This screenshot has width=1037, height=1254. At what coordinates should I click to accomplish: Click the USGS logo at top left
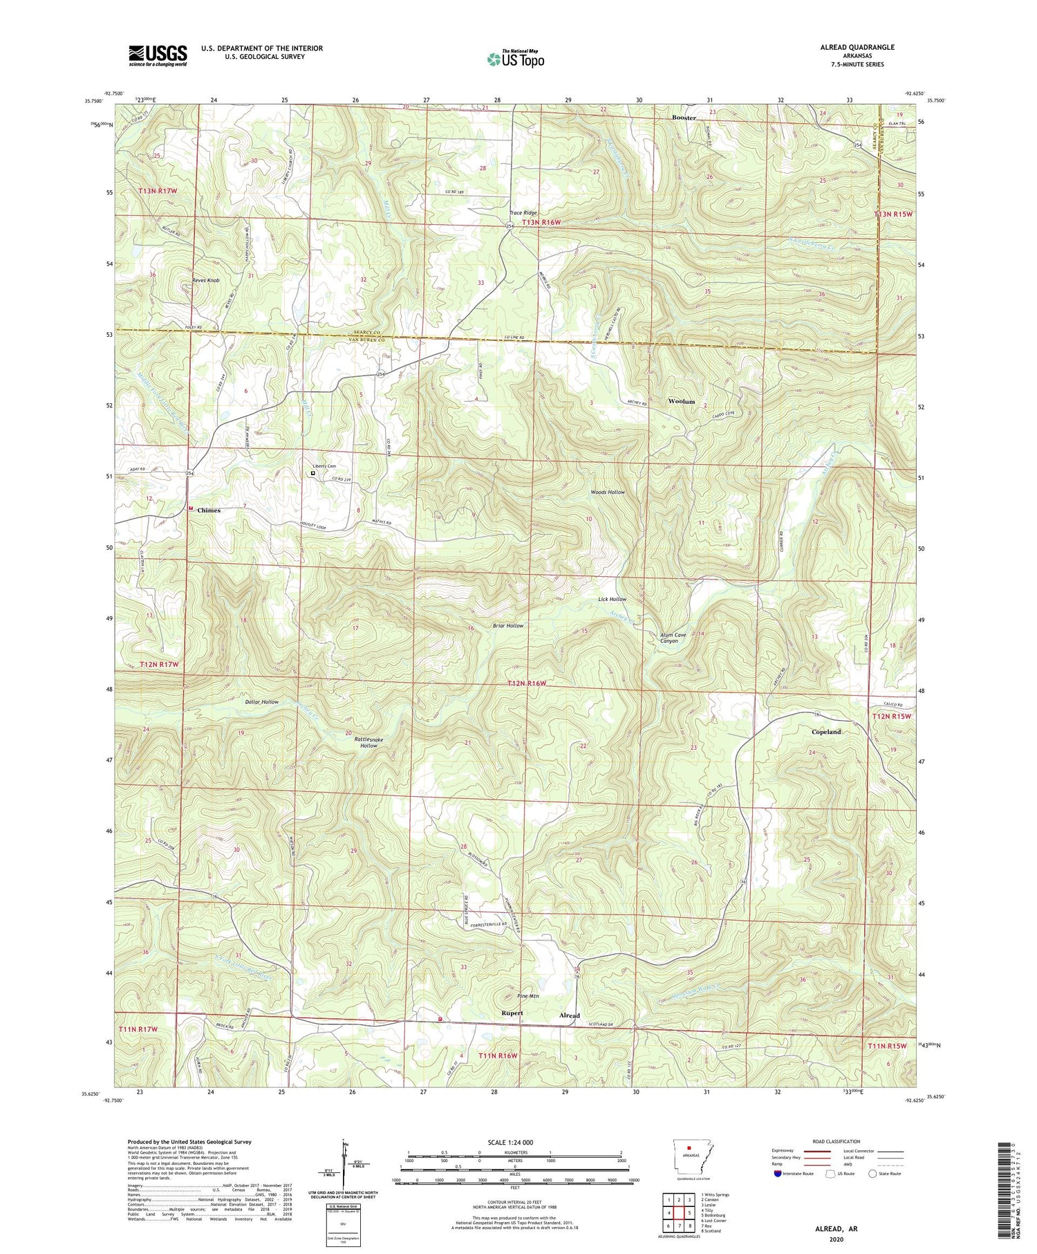[x=158, y=55]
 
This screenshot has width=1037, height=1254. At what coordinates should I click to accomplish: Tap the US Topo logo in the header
[x=515, y=59]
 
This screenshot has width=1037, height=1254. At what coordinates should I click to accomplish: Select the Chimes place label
[x=209, y=510]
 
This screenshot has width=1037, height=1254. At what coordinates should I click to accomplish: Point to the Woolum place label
[x=681, y=401]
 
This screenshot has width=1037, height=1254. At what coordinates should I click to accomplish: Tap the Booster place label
[x=684, y=118]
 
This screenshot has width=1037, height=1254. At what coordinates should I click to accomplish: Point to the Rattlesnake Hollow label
[x=368, y=743]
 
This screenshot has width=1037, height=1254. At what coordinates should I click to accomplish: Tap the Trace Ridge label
[x=523, y=213]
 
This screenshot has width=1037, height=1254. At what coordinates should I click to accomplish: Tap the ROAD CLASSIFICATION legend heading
[x=837, y=1141]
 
